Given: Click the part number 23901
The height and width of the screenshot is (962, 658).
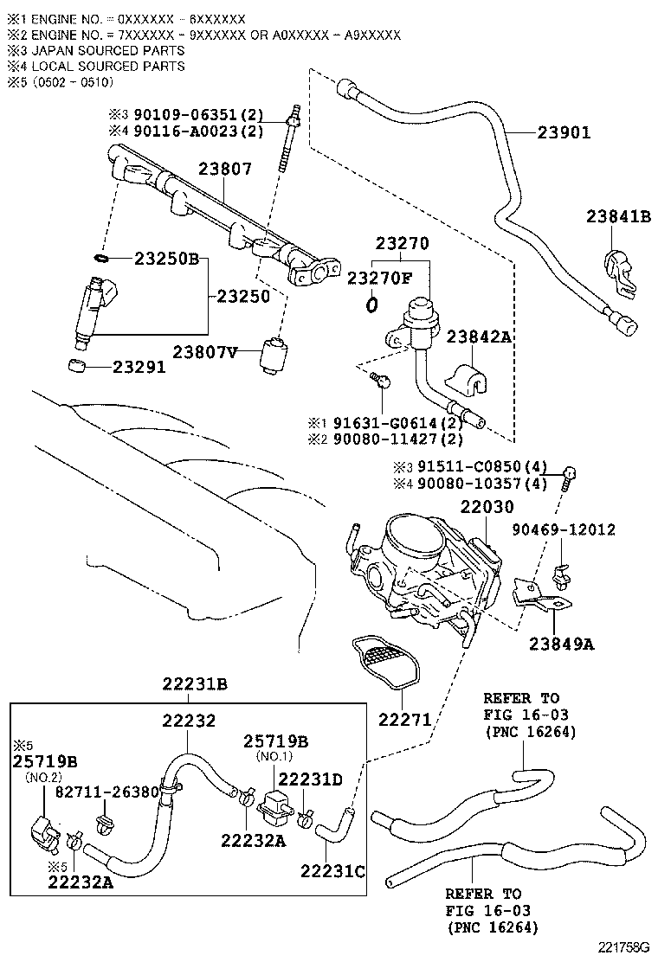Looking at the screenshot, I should tap(564, 132).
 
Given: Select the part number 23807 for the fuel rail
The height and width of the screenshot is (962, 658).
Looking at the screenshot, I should tap(225, 170).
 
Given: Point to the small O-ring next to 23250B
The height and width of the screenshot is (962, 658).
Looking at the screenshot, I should tap(100, 258).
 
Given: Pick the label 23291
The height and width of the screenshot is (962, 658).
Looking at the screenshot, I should tap(139, 367).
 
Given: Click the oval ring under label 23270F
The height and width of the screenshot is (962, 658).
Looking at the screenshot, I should tap(371, 304).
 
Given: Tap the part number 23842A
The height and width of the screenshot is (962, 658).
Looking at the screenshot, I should tap(481, 337).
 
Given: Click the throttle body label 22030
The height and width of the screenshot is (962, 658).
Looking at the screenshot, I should tap(487, 507).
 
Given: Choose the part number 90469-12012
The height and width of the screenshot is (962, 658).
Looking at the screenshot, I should tap(563, 529).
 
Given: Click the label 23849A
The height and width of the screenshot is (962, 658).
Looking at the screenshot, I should tap(562, 643).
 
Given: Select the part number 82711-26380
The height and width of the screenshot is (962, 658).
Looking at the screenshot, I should tap(107, 792).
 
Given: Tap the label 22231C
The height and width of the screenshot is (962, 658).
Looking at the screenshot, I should tap(332, 870).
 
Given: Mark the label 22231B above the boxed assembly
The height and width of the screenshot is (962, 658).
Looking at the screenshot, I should tap(195, 684).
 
